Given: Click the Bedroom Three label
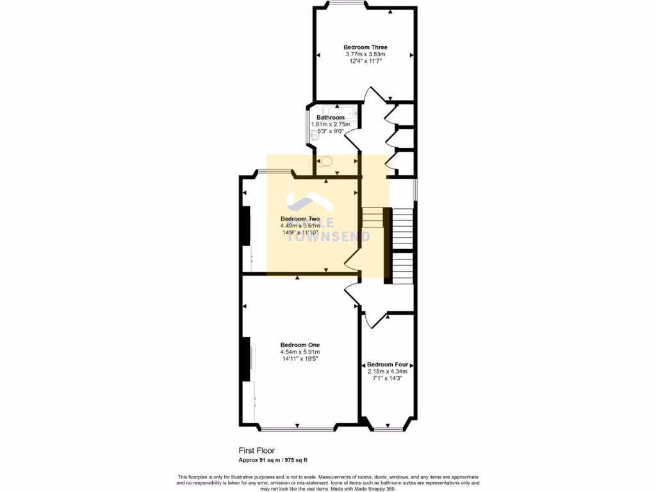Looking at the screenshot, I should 365,47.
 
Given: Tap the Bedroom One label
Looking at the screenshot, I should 300,345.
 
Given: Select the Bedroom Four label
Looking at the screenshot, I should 388,364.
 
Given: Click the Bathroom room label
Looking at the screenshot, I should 331,117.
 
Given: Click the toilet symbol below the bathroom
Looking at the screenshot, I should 325,161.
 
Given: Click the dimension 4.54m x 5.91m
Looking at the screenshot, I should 300,352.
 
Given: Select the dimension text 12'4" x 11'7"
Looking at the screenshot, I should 365,61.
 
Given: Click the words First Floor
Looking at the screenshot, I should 256,451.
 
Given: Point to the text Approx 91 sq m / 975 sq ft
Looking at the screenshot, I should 273,460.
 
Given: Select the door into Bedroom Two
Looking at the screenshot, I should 352,260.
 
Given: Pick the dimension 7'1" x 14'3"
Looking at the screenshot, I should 388,378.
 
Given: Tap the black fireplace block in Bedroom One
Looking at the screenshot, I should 245,359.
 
